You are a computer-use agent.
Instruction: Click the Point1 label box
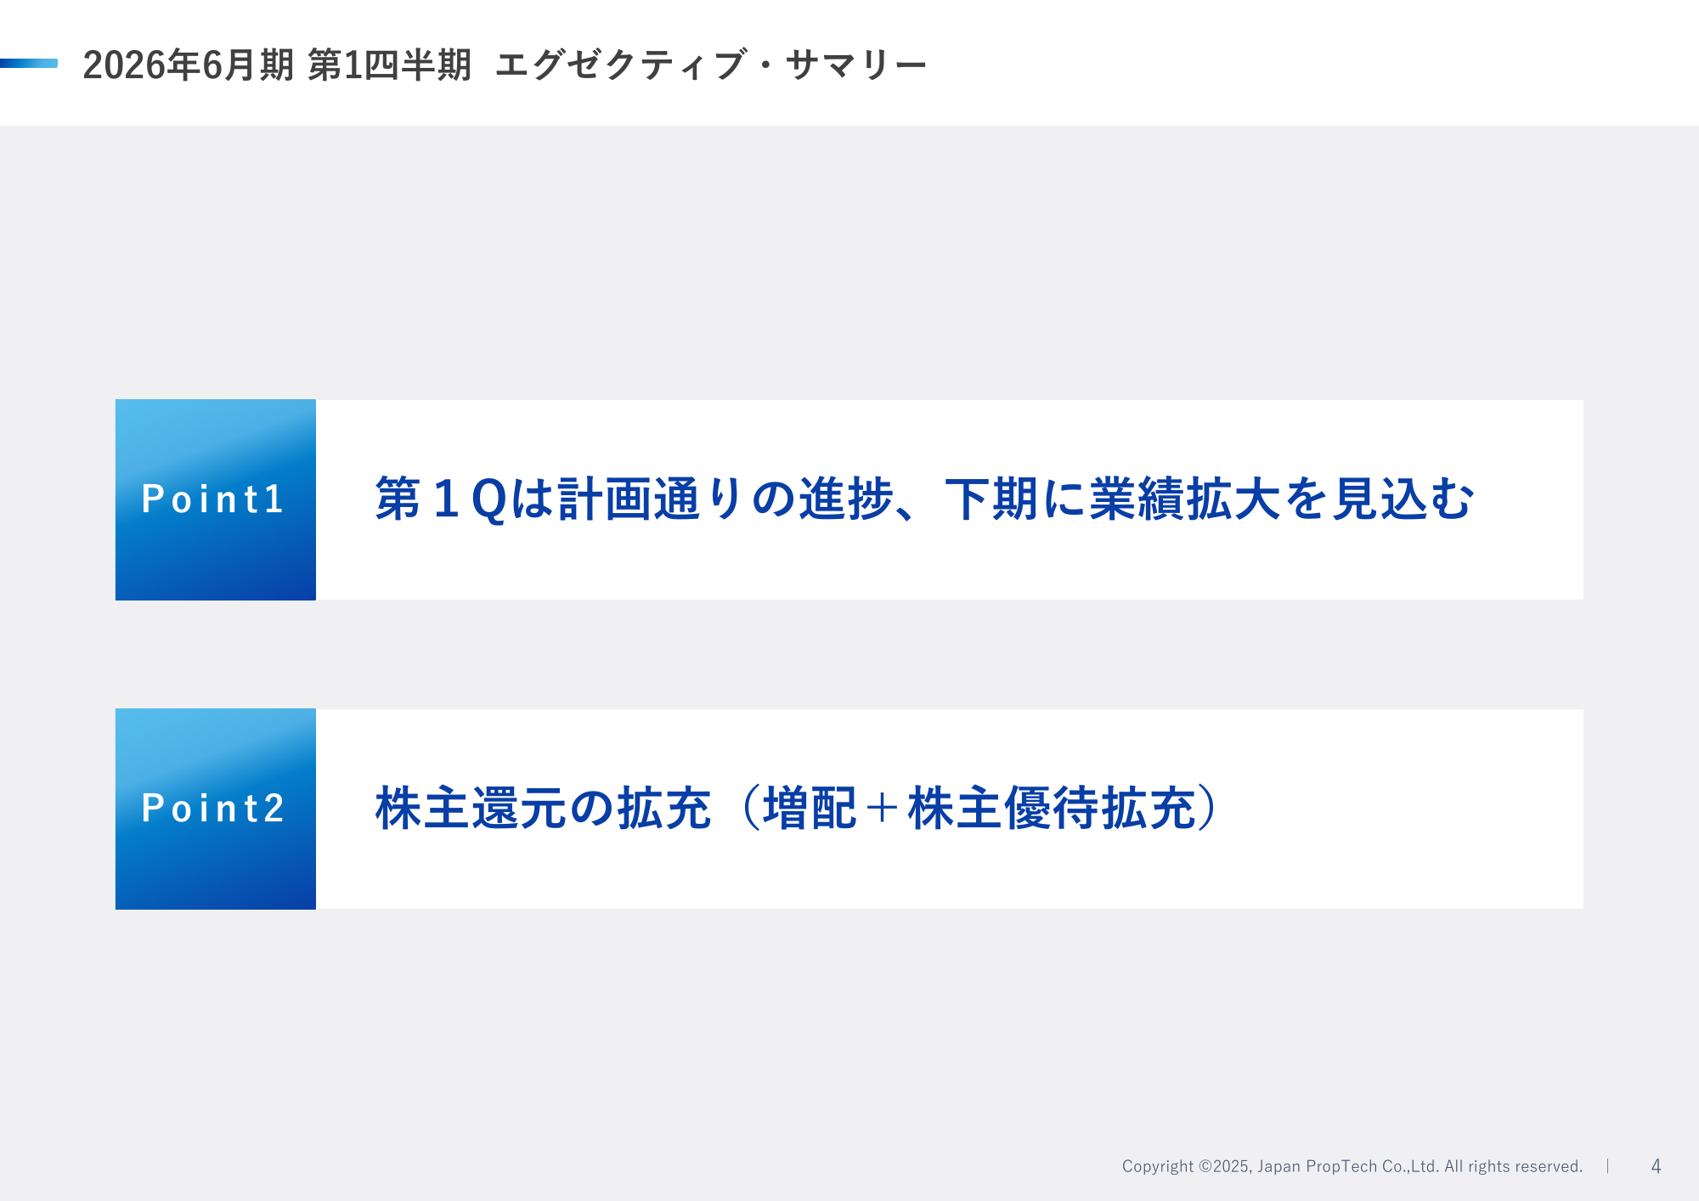tap(216, 499)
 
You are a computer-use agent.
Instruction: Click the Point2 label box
tap(216, 809)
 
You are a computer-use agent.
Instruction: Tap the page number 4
tap(1656, 1166)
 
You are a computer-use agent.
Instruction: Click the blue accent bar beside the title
tap(29, 63)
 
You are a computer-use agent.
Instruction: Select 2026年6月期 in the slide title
tap(189, 65)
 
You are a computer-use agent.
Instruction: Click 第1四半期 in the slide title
tap(389, 65)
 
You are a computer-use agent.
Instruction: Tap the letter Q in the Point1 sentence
tap(489, 499)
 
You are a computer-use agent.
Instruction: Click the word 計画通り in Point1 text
tap(652, 499)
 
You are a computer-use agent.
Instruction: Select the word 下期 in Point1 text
tap(993, 499)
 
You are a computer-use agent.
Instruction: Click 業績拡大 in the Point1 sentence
tap(1185, 499)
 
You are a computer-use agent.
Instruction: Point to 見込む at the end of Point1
tap(1403, 499)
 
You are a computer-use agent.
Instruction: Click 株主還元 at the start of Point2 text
tap(471, 808)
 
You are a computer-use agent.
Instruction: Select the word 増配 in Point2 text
tap(810, 808)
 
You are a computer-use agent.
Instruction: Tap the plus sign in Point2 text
tap(883, 809)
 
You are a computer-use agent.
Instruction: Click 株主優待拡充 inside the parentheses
tap(1052, 808)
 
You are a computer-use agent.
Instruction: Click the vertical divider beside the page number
tap(1608, 1166)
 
